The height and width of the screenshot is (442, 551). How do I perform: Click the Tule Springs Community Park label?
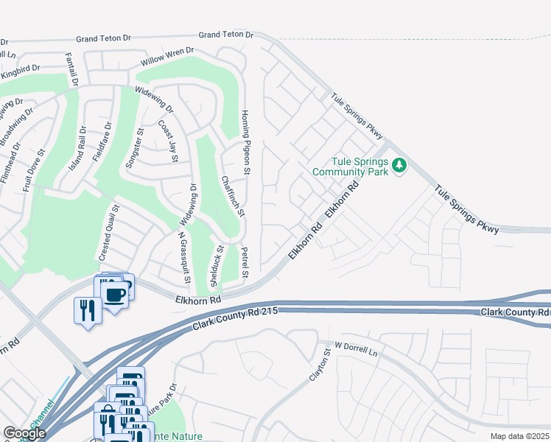click(x=349, y=166)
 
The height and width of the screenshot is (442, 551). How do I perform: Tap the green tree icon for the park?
click(x=399, y=164)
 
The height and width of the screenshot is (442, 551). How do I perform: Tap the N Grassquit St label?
click(x=183, y=259)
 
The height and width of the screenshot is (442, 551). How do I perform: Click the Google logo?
click(x=24, y=433)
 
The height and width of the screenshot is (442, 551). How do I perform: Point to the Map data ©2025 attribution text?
click(x=518, y=436)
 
